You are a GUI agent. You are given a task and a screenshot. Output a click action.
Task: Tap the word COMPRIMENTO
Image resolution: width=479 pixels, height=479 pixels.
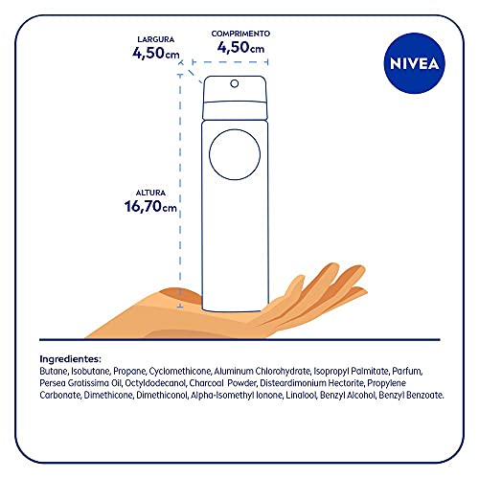[240, 33]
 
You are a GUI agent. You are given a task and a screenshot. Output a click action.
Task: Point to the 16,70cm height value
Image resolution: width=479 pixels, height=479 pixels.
[149, 206]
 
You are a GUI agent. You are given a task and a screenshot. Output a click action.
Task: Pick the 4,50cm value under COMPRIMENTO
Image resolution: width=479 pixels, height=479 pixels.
[240, 46]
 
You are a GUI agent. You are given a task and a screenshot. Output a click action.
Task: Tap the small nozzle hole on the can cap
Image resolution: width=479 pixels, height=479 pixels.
[233, 83]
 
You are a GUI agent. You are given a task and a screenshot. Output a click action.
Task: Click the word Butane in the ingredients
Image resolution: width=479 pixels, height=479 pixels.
[56, 370]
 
